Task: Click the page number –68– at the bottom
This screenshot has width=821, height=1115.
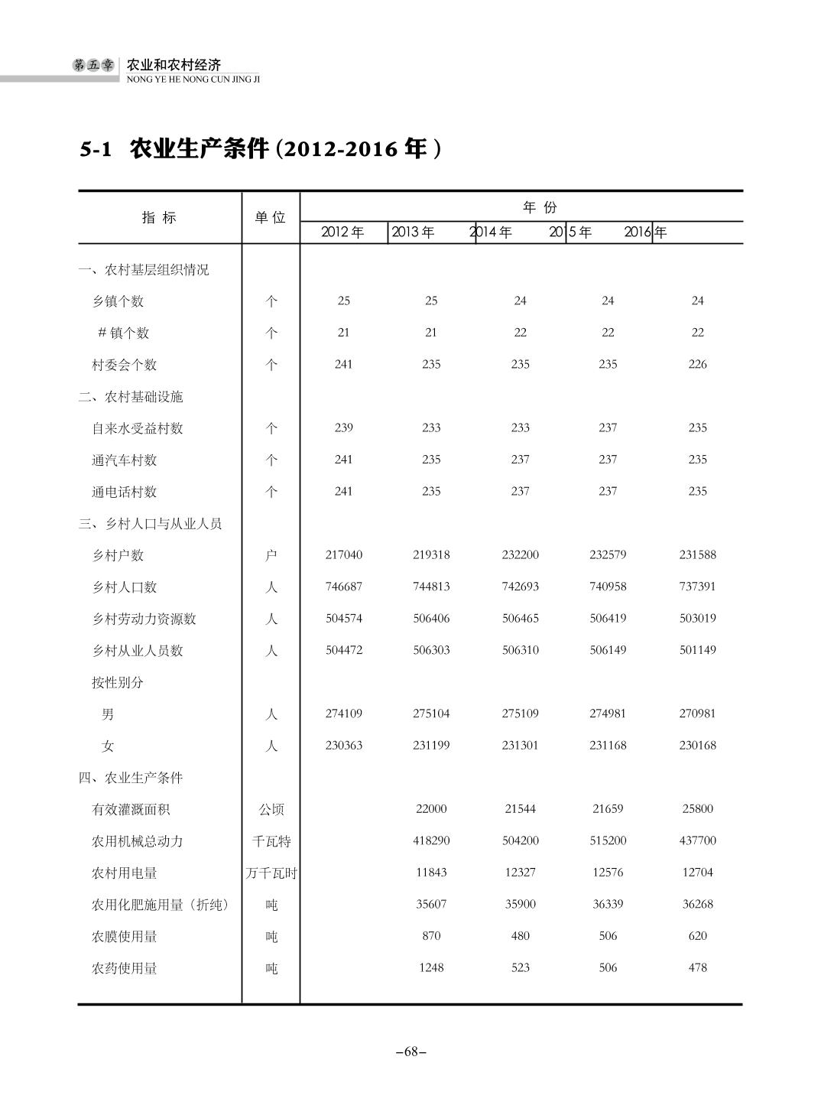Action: pos(411,1052)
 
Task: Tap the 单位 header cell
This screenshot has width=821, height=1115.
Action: pos(271,218)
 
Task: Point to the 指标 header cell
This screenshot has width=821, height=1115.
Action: pos(159,218)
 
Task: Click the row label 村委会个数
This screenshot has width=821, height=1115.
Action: pos(125,365)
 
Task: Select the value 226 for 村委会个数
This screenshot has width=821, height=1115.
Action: pos(697,365)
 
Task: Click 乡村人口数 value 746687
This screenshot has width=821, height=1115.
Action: pos(344,587)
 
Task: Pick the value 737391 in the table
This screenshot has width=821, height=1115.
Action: pos(697,587)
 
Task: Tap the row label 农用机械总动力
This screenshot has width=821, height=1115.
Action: pos(138,841)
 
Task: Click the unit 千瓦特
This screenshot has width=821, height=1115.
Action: pos(271,841)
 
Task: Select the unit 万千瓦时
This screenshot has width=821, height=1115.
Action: pos(271,873)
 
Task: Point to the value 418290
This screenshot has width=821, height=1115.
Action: pos(431,840)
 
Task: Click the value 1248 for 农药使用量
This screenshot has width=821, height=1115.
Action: pos(431,967)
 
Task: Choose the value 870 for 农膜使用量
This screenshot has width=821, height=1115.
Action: pos(431,936)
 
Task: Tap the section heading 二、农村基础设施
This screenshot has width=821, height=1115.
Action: pos(131,397)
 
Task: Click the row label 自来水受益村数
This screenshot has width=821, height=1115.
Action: pos(138,428)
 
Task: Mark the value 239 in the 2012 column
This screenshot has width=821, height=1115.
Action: pos(344,427)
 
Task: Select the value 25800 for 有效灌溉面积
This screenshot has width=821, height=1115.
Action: pos(697,808)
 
